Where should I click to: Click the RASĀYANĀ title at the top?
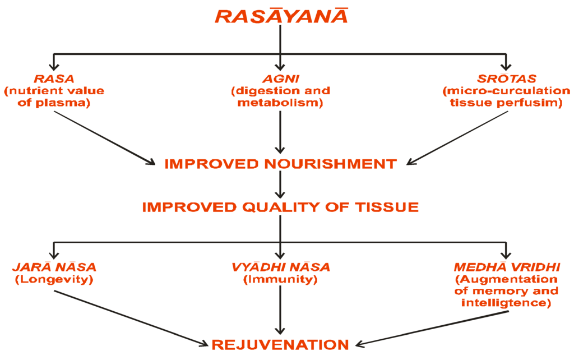click(281, 15)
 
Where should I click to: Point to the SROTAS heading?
click(506, 79)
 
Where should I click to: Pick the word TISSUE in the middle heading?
click(387, 207)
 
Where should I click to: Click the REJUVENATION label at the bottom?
click(280, 344)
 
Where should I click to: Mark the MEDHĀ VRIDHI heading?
click(506, 267)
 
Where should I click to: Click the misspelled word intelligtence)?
click(506, 303)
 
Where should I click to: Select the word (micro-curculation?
click(506, 91)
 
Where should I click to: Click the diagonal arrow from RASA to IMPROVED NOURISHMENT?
click(104, 137)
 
